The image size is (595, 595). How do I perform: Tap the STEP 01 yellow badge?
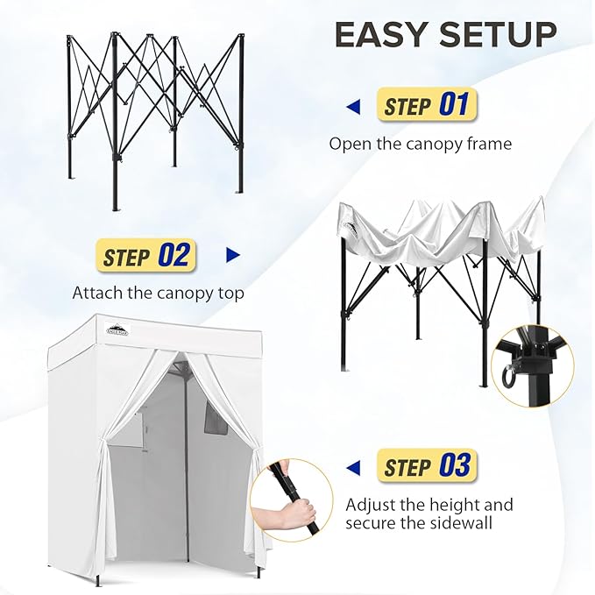click(428, 106)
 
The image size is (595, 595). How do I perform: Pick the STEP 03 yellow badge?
click(428, 465)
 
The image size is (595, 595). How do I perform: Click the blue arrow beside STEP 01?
click(353, 107)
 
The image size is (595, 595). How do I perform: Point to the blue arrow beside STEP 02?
click(232, 256)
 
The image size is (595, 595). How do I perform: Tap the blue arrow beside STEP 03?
click(354, 466)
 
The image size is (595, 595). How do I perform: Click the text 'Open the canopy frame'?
click(420, 144)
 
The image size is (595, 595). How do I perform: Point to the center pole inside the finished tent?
click(186, 473)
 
